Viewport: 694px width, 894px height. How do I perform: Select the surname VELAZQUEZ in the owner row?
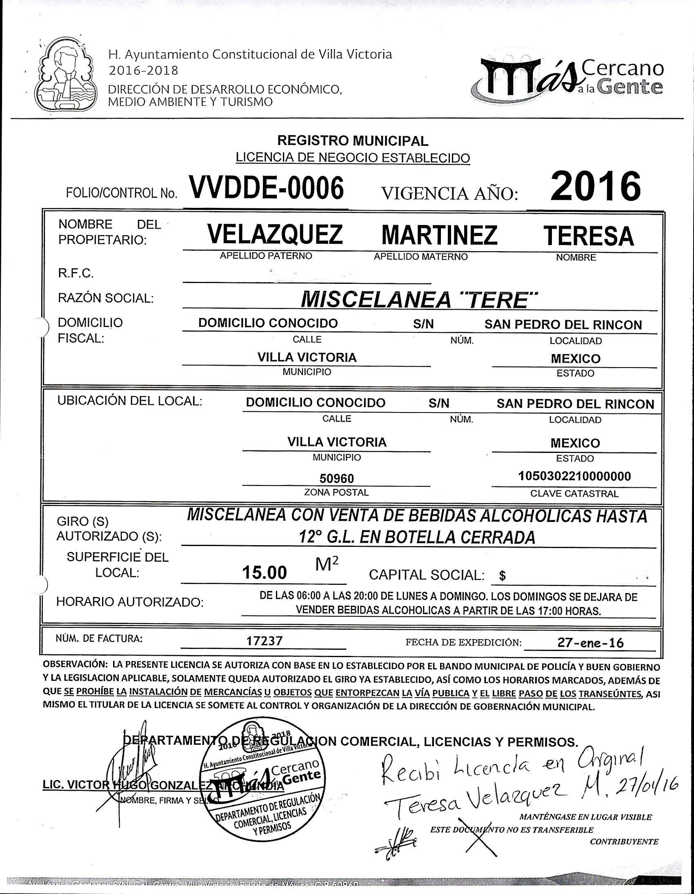point(275,234)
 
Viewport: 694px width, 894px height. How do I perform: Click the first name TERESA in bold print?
point(588,236)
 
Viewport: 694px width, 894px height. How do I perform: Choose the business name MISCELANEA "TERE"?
point(418,300)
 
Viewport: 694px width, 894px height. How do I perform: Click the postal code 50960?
point(336,478)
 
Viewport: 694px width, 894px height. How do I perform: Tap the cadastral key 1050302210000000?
point(574,476)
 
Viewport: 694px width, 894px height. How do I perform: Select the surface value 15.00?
point(264,572)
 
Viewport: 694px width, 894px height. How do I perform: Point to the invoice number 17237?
point(264,641)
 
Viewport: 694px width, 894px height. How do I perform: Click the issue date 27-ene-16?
point(590,643)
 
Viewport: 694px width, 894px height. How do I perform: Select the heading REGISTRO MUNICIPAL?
point(353,141)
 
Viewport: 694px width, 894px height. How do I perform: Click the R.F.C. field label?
point(76,274)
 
